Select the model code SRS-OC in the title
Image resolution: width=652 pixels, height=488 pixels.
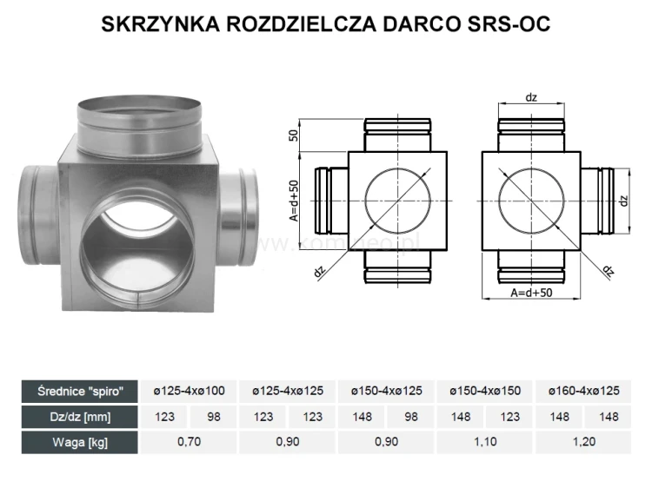(509, 23)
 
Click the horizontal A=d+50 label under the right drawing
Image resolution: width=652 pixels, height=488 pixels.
(530, 293)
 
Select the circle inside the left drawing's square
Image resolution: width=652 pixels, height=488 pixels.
(396, 200)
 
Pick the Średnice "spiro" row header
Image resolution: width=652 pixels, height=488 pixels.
(78, 391)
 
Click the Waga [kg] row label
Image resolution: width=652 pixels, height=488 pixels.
(78, 441)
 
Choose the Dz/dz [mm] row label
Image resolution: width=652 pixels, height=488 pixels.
(78, 417)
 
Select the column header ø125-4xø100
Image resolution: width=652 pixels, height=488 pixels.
(190, 392)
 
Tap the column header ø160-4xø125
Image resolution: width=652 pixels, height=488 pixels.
(584, 392)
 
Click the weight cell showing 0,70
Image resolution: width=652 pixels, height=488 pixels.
(190, 442)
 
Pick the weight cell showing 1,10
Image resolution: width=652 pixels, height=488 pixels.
(486, 442)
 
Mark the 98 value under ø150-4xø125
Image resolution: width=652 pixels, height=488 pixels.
(411, 417)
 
